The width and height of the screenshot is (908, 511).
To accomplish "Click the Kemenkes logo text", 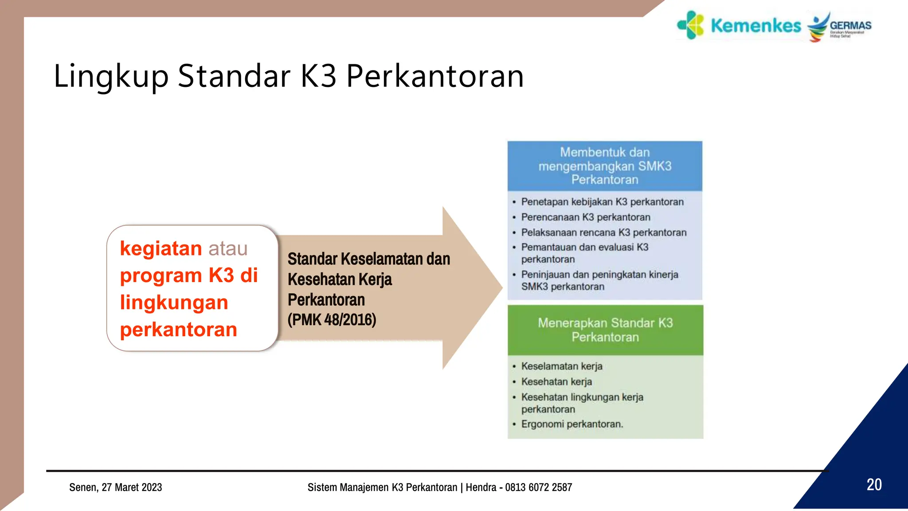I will (755, 26).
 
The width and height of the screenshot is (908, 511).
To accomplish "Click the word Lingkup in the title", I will (111, 76).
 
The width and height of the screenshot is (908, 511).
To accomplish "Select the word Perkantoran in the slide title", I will (435, 76).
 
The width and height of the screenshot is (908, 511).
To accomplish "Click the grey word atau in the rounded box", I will (228, 248).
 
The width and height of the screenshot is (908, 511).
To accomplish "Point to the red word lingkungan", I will (174, 303).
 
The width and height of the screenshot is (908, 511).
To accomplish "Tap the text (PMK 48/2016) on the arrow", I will (332, 319).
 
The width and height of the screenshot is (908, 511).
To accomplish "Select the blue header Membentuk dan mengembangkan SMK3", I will (605, 166).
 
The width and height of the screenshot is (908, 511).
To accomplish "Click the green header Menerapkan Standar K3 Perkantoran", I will (605, 330).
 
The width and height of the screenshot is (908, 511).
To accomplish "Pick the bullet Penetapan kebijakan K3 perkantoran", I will (602, 202).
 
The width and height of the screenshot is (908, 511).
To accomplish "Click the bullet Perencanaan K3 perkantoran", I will (585, 217).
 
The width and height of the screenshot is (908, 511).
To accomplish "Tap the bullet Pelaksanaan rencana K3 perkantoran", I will (603, 232).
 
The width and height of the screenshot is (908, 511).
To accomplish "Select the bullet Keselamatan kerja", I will (561, 366).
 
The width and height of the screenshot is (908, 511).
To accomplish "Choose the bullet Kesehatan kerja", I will (556, 382).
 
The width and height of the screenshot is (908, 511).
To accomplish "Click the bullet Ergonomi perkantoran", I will (572, 424).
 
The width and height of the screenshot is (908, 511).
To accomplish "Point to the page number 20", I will (874, 484).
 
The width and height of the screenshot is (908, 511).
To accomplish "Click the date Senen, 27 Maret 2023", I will (116, 487).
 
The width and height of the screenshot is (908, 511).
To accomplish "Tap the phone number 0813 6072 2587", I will (538, 487).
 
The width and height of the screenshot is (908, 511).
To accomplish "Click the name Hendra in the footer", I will (481, 487).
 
